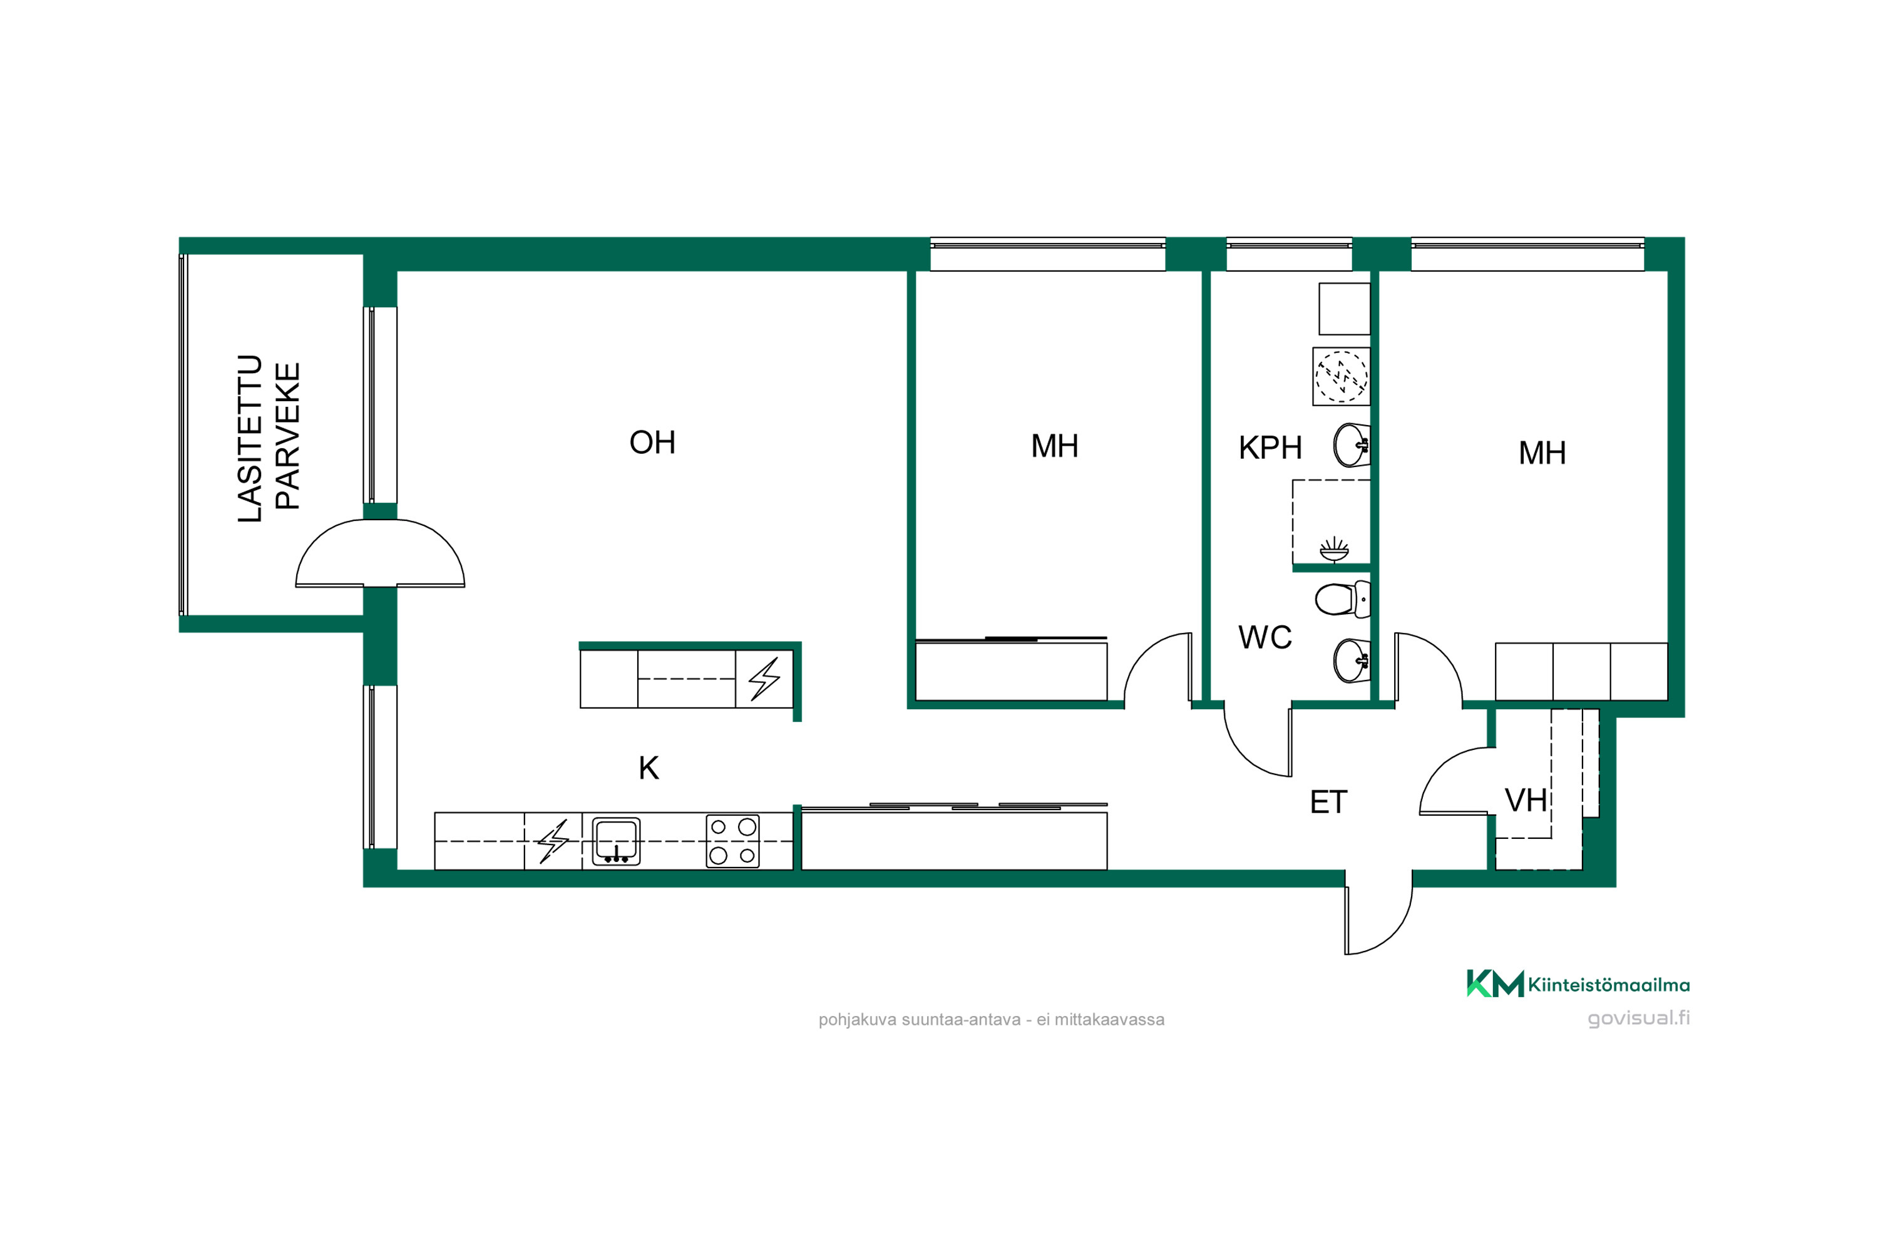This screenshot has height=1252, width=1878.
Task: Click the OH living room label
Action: (652, 443)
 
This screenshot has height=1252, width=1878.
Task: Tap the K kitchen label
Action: (649, 768)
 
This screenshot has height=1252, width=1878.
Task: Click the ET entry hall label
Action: (1328, 803)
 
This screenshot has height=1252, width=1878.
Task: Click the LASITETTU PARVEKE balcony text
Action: (269, 438)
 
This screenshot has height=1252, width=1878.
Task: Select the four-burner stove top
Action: (732, 841)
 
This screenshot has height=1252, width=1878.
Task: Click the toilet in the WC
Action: (1342, 599)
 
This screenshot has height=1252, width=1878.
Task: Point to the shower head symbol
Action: (1334, 550)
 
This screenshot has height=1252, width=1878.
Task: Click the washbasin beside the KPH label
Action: (1352, 444)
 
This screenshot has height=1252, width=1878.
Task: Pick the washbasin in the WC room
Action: (1352, 660)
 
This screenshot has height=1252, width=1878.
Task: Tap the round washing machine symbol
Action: (1342, 376)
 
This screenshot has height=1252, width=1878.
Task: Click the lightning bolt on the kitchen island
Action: (764, 679)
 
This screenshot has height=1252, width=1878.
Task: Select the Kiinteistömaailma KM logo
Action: (1578, 983)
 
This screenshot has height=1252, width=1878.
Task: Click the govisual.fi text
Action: (1638, 1018)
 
